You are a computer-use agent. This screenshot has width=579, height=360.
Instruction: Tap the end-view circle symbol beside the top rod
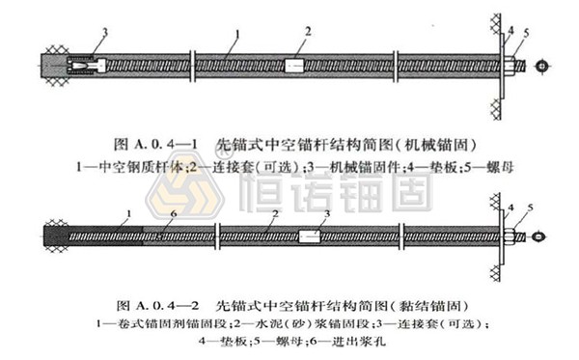pyautogui.click(x=543, y=66)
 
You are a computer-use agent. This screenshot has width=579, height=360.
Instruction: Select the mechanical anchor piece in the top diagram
pyautogui.click(x=83, y=67)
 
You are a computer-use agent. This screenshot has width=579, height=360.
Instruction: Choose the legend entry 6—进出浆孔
pyautogui.click(x=363, y=341)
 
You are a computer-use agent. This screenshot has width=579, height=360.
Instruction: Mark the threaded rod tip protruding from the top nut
pyautogui.click(x=523, y=66)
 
